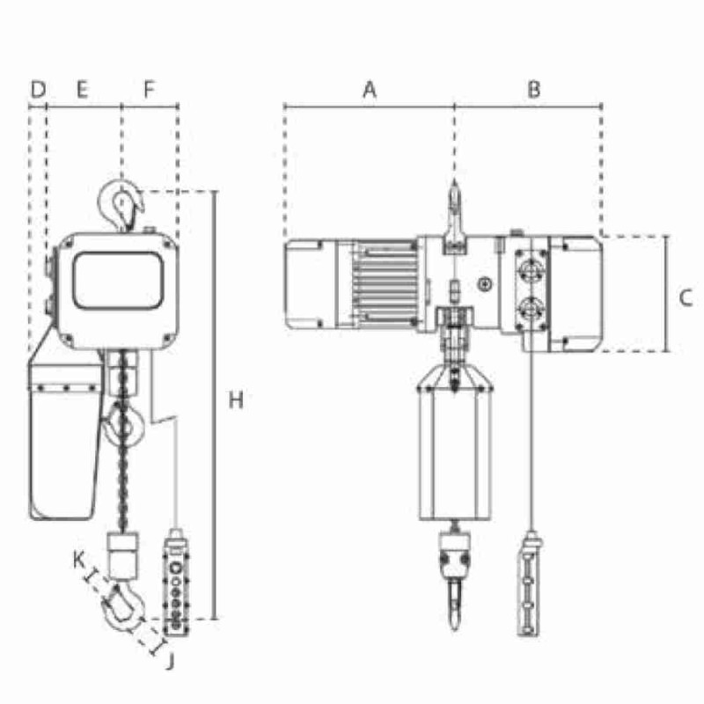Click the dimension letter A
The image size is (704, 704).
tap(370, 89)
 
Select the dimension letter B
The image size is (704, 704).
tap(533, 89)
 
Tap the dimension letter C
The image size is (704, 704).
tap(686, 297)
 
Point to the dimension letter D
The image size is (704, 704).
tap(37, 89)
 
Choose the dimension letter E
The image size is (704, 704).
tap(82, 89)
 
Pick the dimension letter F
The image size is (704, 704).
tap(149, 89)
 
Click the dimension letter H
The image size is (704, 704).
tap(235, 400)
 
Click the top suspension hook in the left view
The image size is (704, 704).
tap(121, 205)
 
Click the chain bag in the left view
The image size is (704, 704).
tap(63, 440)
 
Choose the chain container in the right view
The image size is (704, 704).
tap(454, 449)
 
